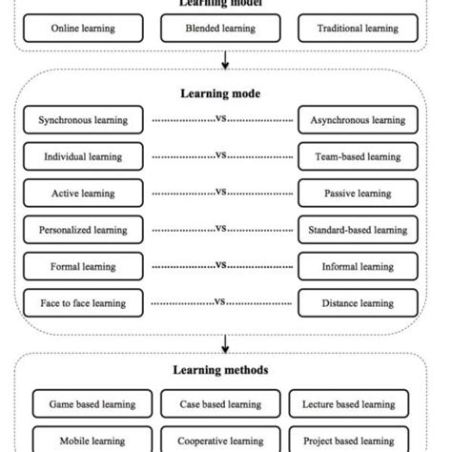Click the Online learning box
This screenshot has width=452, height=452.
[83, 29]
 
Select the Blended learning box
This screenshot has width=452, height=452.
[220, 29]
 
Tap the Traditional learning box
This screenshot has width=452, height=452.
[357, 29]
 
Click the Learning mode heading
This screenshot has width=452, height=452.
[220, 93]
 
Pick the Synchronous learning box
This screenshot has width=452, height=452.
[83, 120]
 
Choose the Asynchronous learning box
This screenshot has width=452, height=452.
[357, 120]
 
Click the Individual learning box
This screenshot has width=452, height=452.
[83, 156]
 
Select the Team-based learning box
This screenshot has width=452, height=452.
[357, 156]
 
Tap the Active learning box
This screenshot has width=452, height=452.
[83, 193]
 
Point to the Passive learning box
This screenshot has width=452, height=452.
[357, 193]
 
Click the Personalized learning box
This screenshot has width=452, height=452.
[83, 229]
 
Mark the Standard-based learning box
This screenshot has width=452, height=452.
[357, 229]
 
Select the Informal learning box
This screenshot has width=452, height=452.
[357, 266]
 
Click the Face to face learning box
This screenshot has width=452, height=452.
[83, 303]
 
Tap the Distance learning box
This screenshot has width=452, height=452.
[357, 303]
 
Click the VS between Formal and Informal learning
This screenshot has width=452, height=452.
[220, 265]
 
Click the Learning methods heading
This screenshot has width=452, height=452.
[220, 370]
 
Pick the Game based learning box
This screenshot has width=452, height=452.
[92, 404]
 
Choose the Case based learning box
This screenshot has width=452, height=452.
[220, 404]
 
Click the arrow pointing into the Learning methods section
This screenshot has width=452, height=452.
[226, 342]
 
